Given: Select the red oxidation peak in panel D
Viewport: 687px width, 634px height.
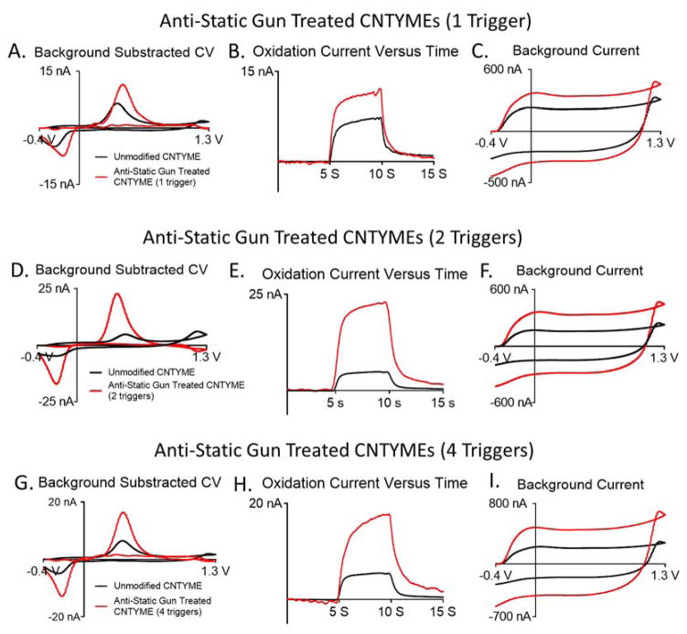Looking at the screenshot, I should point(116,295).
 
